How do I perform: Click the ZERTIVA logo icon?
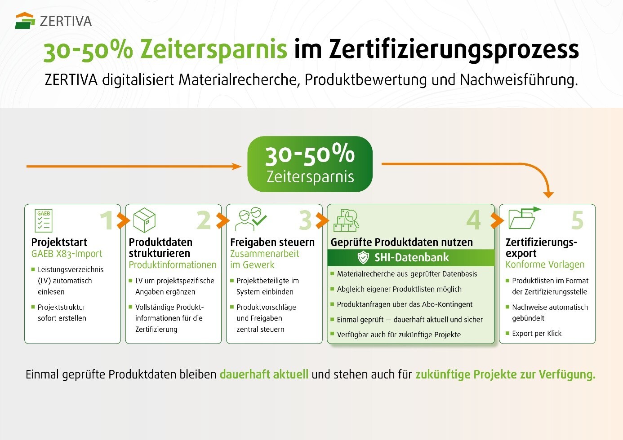25,21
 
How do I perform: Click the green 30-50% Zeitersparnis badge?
310,164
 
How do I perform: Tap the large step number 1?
107,220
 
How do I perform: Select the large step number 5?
578,220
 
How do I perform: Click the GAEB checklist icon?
44,220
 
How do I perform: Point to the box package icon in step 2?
144,220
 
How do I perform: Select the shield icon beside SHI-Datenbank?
363,258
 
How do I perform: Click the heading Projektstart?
59,242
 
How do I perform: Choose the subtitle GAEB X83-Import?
67,254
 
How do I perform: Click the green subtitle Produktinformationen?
173,265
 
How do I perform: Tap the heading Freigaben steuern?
272,242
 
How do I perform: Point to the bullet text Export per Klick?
537,334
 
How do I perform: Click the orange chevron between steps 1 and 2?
123,220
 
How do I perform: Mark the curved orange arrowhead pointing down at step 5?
548,194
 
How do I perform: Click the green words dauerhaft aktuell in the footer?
264,374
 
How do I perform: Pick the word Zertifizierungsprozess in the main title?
454,49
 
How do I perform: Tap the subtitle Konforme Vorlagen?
545,264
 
